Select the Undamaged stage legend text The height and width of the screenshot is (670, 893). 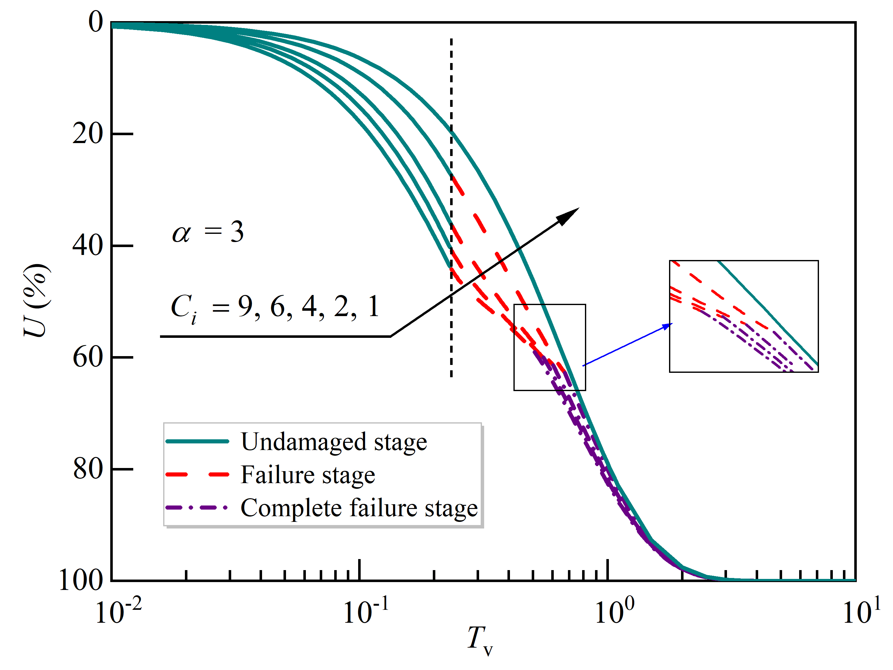tap(334, 442)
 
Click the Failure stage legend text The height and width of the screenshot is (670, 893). tap(308, 475)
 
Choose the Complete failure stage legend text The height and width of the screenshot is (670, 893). tap(359, 508)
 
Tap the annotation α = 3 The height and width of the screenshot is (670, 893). tap(208, 232)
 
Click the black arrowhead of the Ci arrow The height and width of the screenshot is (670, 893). tap(569, 216)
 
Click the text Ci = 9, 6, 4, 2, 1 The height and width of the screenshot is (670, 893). tap(275, 307)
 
